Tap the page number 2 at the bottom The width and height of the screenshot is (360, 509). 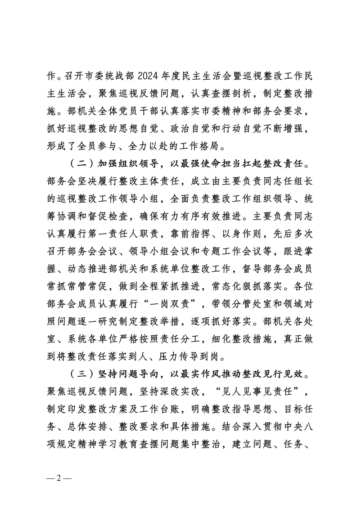point(59,479)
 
